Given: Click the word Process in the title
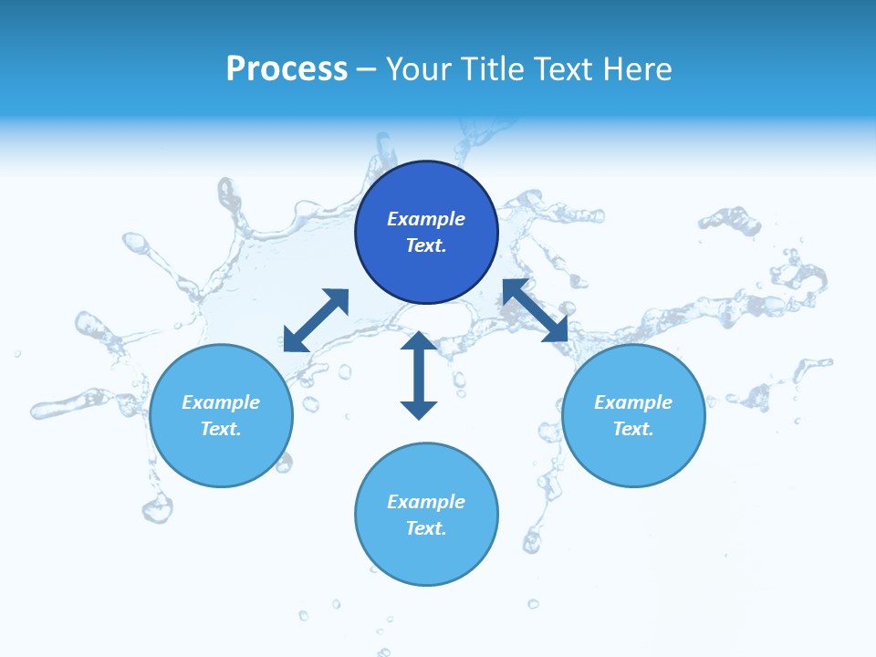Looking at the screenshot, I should (x=287, y=69).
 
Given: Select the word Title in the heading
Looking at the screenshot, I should (x=495, y=69).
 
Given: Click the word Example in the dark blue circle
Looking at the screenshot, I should (x=426, y=219).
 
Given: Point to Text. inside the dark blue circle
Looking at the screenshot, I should (x=426, y=245).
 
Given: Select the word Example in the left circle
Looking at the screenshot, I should (x=221, y=402).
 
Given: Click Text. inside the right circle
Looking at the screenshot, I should (x=633, y=429).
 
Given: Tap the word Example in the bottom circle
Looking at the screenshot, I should (x=426, y=502).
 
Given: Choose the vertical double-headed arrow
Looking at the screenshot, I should (x=419, y=375).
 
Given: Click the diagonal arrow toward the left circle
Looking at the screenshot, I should (x=316, y=320).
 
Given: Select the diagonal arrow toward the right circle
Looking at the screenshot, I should (x=535, y=310).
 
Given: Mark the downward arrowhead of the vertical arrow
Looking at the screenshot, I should (x=419, y=409).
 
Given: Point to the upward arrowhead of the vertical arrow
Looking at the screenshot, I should (x=419, y=342).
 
